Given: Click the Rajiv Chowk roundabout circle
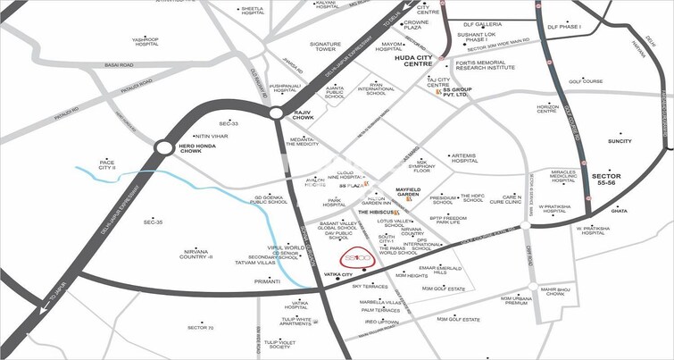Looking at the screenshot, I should [x=277, y=113].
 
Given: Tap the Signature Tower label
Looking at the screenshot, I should [x=326, y=47].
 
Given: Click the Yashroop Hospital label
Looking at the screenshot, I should [x=145, y=43].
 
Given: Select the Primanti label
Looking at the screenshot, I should [x=268, y=281].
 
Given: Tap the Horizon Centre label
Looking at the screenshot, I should [x=548, y=108].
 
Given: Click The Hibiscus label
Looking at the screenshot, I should [x=376, y=212].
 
